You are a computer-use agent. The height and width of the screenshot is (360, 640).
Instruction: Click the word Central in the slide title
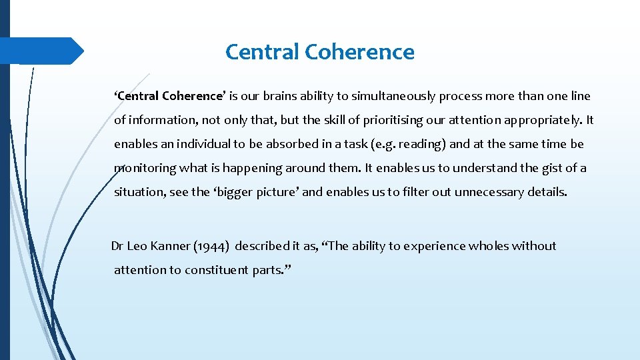[x=262, y=52]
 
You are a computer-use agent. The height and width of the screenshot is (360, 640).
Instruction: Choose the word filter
[x=401, y=192]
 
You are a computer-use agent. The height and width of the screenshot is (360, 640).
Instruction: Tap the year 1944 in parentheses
[x=212, y=246]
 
